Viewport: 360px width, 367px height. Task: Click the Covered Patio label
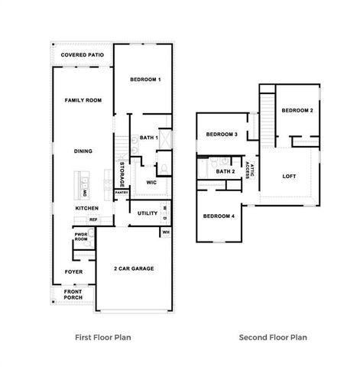click(83, 55)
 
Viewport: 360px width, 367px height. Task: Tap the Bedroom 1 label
click(144, 80)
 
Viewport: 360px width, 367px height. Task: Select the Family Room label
click(83, 100)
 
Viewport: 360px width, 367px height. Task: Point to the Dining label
click(83, 151)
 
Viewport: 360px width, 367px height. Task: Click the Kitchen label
click(86, 208)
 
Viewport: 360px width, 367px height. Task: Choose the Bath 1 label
click(148, 138)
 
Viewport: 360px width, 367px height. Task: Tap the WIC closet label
click(151, 182)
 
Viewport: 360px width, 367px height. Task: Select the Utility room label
click(148, 213)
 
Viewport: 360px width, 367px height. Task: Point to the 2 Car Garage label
click(134, 269)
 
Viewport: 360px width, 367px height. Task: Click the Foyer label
click(73, 271)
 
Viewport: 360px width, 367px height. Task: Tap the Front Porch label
click(73, 294)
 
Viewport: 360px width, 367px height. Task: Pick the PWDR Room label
click(81, 238)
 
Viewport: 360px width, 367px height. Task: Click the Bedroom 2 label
click(297, 111)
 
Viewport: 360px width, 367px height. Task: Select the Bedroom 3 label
click(222, 135)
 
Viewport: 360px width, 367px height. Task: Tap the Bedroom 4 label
click(219, 216)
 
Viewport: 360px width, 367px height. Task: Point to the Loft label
click(289, 177)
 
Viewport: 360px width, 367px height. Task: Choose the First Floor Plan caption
click(104, 336)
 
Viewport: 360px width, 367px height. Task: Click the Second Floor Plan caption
click(273, 336)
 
